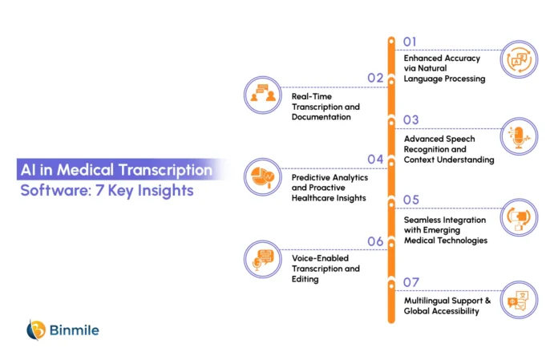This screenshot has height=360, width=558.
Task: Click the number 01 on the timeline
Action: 410,42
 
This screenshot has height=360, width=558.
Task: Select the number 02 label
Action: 375,78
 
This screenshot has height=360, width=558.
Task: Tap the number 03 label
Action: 410,120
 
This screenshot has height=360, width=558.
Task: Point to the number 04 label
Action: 375,159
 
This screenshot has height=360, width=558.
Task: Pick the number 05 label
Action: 410,200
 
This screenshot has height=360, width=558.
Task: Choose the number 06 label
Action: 375,241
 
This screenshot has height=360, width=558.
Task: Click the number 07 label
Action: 410,282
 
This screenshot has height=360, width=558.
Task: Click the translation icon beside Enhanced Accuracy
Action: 519,59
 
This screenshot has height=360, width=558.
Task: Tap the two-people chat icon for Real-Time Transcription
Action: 263,95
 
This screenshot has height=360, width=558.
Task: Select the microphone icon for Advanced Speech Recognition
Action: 519,136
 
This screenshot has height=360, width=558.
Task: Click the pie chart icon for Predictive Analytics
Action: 263,177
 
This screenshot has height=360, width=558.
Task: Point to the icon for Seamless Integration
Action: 519,217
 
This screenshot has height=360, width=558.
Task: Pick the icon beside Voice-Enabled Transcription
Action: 263,259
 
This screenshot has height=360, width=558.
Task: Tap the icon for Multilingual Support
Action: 519,300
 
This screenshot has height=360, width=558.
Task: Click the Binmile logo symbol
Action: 36,330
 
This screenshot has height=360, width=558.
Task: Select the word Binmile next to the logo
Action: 74,330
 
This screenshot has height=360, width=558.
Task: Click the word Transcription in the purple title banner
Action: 165,171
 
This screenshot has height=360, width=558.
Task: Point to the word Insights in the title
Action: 165,191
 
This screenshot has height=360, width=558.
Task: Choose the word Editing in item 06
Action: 305,279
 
